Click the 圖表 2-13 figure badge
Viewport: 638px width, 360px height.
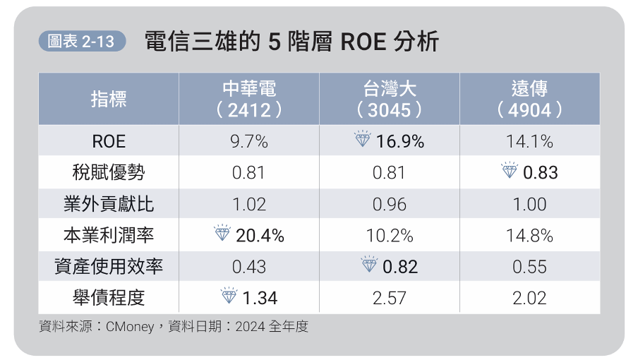pyautogui.click(x=80, y=42)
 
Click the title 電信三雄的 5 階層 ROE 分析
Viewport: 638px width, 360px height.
pyautogui.click(x=291, y=42)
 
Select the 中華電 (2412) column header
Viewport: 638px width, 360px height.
pyautogui.click(x=248, y=99)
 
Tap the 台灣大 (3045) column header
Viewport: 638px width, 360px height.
pyautogui.click(x=389, y=99)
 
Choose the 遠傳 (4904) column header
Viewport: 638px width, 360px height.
pyautogui.click(x=529, y=99)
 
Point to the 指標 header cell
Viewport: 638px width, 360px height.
pyautogui.click(x=109, y=100)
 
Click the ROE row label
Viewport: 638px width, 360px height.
pyautogui.click(x=109, y=141)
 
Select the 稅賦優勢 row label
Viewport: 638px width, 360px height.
pyautogui.click(x=109, y=173)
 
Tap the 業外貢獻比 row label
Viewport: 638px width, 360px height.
pyautogui.click(x=109, y=205)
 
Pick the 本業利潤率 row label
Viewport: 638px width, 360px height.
pyautogui.click(x=109, y=236)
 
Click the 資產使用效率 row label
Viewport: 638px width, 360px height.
pyautogui.click(x=109, y=267)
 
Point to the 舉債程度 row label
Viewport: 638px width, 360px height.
pyautogui.click(x=109, y=298)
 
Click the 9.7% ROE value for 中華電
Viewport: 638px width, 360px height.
pyautogui.click(x=248, y=141)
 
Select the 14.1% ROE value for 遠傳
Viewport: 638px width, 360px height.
pyautogui.click(x=529, y=141)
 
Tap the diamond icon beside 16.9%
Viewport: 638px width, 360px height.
pyautogui.click(x=362, y=140)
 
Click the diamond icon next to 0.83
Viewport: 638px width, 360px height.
pyautogui.click(x=509, y=171)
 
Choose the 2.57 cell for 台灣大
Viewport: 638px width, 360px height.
pyautogui.click(x=389, y=298)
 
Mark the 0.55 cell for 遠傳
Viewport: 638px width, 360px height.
pyautogui.click(x=529, y=267)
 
